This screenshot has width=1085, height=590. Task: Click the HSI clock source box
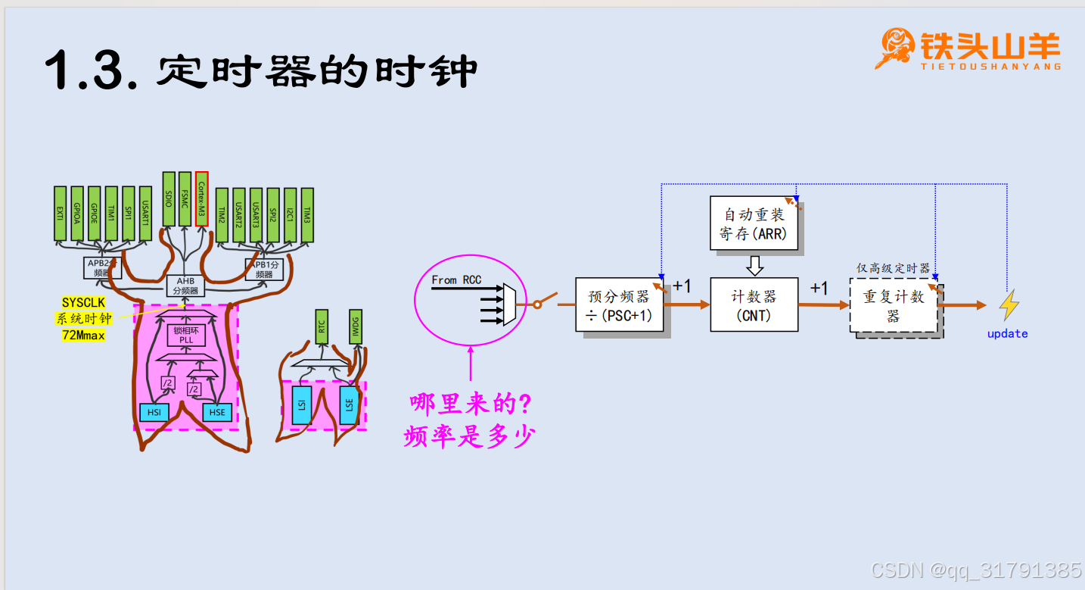coord(155,412)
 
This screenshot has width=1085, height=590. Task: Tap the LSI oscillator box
coord(301,404)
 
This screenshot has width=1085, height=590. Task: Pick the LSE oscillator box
coord(350,404)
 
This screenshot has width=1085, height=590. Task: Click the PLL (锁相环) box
coord(185,334)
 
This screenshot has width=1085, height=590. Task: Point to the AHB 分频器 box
coord(186,286)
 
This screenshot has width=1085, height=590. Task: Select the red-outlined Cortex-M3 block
coord(201,198)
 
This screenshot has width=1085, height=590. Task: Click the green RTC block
coord(322,326)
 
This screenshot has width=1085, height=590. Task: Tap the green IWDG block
coord(356,326)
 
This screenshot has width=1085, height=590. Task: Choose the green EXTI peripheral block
coord(61,213)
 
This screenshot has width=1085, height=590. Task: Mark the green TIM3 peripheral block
coord(307,214)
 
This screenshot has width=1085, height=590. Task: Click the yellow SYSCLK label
coord(83,303)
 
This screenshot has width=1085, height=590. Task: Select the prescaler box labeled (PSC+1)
coord(620,304)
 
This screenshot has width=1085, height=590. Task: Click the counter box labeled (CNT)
coord(754,304)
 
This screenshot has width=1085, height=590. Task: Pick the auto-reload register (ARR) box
coord(754,223)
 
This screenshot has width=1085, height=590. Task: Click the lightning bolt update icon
coord(1008,305)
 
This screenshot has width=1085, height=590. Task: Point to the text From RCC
coord(456,279)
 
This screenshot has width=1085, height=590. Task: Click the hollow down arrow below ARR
coord(754,265)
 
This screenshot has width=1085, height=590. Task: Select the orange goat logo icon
coord(895,48)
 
